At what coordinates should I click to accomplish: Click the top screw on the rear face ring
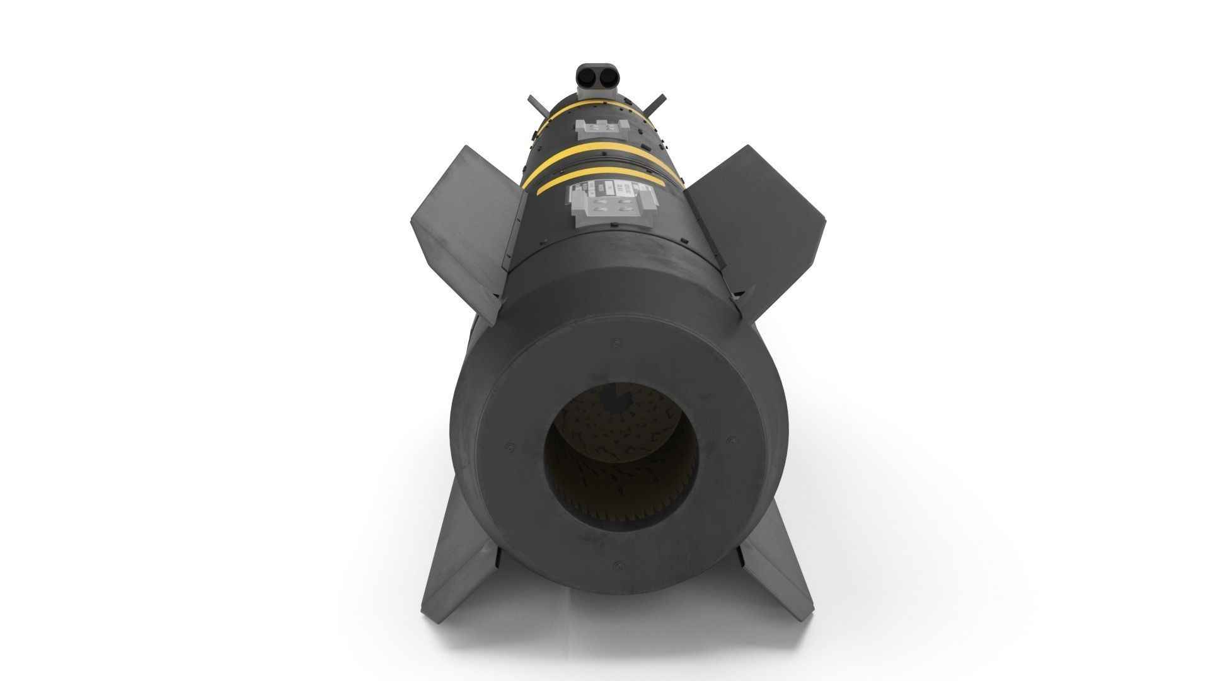(614, 345)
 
